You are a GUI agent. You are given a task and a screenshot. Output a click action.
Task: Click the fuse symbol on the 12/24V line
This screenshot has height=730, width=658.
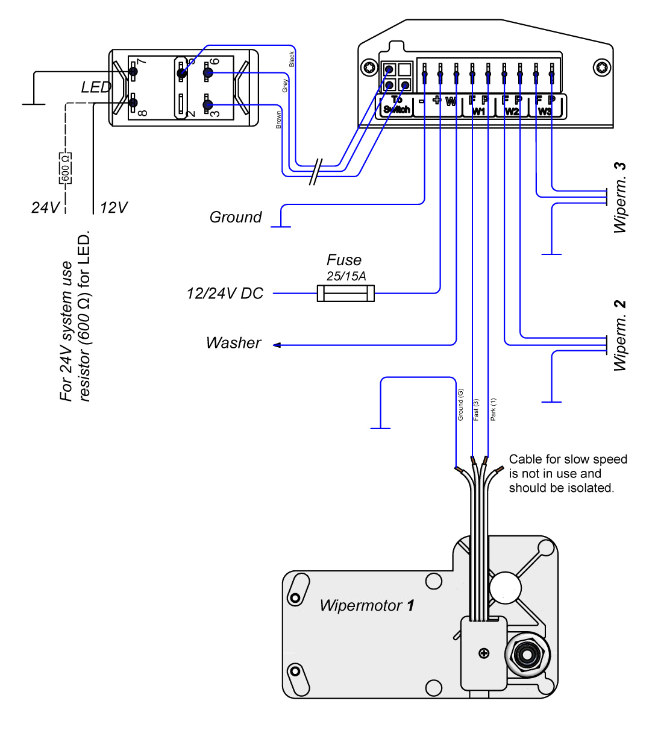tap(345, 294)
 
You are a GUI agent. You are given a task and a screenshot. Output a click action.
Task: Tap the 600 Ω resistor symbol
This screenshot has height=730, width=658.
tap(66, 168)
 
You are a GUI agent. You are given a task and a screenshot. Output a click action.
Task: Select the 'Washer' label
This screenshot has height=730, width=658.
tap(233, 343)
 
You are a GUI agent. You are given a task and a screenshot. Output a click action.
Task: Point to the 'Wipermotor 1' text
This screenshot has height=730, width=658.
tap(367, 605)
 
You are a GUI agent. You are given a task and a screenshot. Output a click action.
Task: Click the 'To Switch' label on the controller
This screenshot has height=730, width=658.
tap(396, 105)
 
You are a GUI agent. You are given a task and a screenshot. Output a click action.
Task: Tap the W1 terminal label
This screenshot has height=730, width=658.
tap(479, 112)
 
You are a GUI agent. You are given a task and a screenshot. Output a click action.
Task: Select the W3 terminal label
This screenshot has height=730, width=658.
tap(545, 112)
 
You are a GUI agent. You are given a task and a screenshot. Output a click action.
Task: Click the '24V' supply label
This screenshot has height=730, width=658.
tap(46, 208)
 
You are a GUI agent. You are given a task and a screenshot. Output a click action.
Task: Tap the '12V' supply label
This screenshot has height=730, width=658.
tap(114, 208)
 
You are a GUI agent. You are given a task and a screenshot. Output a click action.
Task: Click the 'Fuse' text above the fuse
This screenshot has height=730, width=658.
tap(344, 260)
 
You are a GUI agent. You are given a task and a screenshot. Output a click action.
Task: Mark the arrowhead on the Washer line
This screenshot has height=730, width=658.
tap(277, 345)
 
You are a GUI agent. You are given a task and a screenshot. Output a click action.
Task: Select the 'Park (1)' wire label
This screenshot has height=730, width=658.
tap(493, 409)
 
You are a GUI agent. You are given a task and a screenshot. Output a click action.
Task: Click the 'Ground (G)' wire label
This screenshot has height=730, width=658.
tap(460, 404)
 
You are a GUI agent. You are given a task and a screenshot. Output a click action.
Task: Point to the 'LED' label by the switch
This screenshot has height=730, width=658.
tap(96, 87)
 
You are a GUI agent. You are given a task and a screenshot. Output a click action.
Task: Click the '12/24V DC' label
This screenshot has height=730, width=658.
tap(225, 294)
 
